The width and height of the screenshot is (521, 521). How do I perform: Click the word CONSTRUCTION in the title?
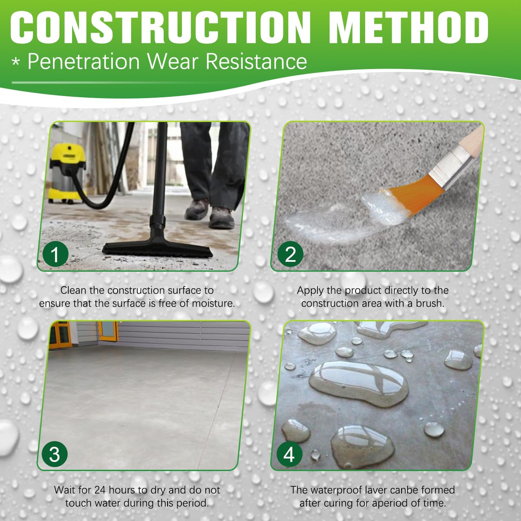click(x=161, y=27)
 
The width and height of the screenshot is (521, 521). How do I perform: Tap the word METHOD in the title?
click(x=409, y=27)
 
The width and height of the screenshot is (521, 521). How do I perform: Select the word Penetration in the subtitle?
click(x=83, y=62)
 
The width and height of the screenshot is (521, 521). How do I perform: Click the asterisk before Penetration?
click(x=16, y=63)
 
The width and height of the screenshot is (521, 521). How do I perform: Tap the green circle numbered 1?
click(x=55, y=254)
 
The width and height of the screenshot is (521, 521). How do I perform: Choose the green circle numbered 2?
click(x=290, y=254)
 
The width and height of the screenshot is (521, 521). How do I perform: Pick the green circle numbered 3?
click(x=55, y=454)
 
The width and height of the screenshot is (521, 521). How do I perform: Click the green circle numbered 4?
click(x=289, y=454)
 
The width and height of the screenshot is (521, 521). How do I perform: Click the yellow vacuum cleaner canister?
click(x=67, y=173)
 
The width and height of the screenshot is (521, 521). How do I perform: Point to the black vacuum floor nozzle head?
click(x=157, y=249)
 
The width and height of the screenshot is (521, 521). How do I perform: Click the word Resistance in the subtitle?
click(x=256, y=62)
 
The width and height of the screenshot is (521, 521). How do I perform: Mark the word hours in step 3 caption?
click(x=122, y=490)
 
